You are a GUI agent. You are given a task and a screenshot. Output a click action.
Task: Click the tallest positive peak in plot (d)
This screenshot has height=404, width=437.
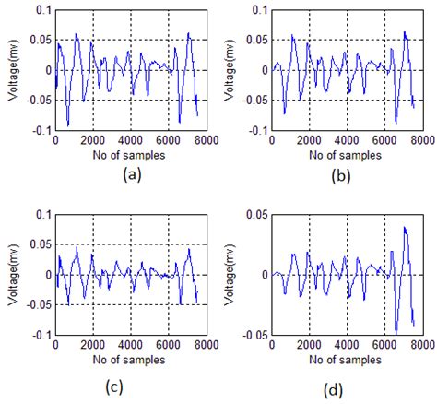(x=404, y=227)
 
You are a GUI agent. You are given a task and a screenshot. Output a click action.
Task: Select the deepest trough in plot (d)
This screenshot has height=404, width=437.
(x=396, y=332)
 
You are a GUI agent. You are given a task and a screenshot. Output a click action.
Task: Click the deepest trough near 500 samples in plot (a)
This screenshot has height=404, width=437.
(x=67, y=125)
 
